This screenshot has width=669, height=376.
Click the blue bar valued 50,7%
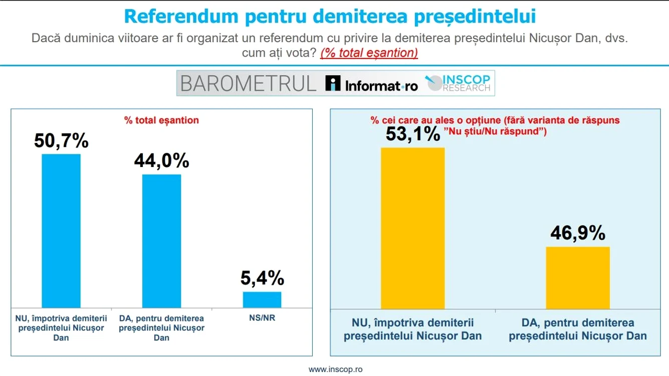(61, 231)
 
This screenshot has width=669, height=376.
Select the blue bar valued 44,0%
(161, 241)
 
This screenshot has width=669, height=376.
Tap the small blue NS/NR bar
(262, 300)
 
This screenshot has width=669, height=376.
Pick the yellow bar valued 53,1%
(413, 228)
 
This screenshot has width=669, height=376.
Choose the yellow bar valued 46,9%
(578, 278)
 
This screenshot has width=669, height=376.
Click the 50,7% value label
(61, 140)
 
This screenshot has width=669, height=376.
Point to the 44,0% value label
(161, 160)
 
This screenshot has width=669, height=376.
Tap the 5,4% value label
(262, 278)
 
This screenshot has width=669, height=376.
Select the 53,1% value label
(413, 133)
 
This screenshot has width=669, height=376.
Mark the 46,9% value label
(578, 233)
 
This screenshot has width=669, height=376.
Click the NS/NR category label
(262, 318)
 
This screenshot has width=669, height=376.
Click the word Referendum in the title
(181, 16)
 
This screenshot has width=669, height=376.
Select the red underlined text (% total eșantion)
(369, 53)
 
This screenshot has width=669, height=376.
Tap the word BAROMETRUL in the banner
(248, 83)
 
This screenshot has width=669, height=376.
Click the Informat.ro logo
(371, 83)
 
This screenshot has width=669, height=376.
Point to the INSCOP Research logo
(458, 83)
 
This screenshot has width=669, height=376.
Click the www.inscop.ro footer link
(335, 369)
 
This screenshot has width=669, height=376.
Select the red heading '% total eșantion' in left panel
(161, 120)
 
